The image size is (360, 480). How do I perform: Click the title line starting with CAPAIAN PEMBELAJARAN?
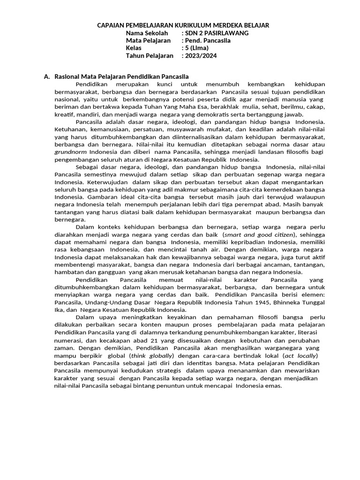pyautogui.click(x=183, y=25)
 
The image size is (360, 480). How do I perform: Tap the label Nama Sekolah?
pyautogui.click(x=147, y=33)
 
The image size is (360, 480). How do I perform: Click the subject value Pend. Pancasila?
pyautogui.click(x=208, y=40)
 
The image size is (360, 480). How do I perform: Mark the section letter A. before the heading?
pyautogui.click(x=46, y=76)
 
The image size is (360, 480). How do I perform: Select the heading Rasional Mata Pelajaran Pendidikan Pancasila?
pyautogui.click(x=122, y=76)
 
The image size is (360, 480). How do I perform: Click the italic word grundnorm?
pyautogui.click(x=71, y=152)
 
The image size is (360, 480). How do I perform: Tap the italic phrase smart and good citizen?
pyautogui.click(x=260, y=234)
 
